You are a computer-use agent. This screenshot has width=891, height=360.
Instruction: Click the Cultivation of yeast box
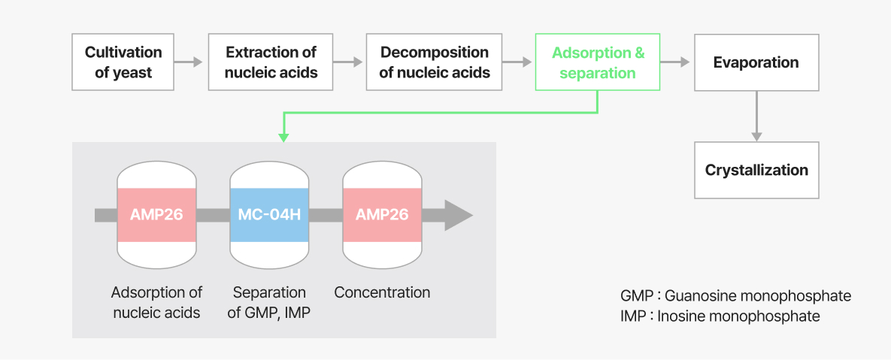click(123, 62)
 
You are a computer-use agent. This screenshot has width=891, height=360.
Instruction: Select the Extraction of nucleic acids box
click(271, 62)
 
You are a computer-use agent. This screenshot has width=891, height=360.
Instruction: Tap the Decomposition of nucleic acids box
click(434, 62)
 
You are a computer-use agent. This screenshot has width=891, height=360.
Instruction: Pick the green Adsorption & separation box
click(598, 62)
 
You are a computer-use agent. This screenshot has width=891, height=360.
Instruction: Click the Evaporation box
click(756, 62)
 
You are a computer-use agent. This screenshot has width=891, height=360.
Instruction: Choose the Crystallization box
click(756, 170)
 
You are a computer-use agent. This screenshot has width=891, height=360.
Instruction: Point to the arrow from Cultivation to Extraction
click(189, 62)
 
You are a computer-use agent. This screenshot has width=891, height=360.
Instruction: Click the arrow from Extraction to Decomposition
click(348, 62)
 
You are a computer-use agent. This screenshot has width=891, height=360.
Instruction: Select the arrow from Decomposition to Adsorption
click(517, 62)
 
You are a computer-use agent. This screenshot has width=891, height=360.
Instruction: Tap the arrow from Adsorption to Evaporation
click(675, 62)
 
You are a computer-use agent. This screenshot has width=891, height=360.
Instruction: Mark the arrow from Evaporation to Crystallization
click(756, 116)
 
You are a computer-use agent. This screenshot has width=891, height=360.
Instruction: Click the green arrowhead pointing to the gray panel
click(283, 138)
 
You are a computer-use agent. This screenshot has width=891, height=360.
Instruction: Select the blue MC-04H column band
click(269, 215)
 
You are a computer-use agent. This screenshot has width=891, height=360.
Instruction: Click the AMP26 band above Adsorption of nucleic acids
click(156, 215)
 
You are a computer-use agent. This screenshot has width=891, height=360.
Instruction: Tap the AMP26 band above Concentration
click(382, 215)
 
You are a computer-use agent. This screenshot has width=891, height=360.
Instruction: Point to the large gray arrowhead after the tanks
click(457, 215)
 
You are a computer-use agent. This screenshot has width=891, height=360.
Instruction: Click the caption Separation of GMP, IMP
click(269, 303)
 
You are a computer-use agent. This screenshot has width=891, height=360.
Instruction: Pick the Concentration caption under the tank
click(382, 293)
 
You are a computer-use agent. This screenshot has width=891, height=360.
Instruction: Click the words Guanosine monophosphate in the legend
click(758, 296)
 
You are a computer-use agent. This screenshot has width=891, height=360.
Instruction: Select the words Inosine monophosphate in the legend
click(738, 316)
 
